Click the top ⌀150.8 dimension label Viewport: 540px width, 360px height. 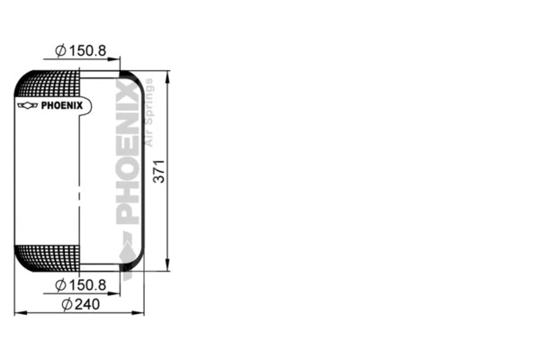[x=81, y=50]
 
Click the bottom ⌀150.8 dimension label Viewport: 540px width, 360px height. [x=81, y=285]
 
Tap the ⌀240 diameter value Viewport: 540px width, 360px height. [x=81, y=304]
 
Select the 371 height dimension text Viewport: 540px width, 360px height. [x=159, y=171]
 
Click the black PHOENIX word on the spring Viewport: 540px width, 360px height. [x=62, y=105]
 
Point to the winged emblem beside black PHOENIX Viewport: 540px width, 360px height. [x=28, y=105]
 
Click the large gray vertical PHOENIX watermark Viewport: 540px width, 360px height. [x=128, y=151]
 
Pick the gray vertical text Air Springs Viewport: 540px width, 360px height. [x=148, y=112]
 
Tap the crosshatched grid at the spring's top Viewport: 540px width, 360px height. [x=49, y=84]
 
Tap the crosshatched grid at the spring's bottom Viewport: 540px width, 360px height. [x=49, y=257]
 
